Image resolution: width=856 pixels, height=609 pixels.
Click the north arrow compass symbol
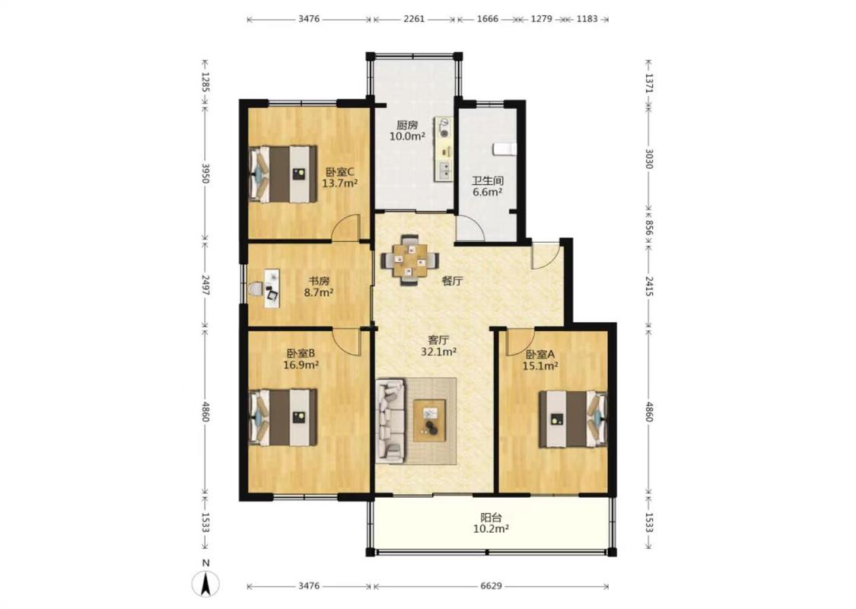(206, 584)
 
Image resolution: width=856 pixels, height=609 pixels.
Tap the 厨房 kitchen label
(407, 125)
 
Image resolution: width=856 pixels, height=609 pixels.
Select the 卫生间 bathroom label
(488, 180)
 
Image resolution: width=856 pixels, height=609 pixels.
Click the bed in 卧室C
(283, 174)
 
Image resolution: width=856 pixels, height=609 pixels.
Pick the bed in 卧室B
(283, 417)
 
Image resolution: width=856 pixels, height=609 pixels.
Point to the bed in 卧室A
(573, 419)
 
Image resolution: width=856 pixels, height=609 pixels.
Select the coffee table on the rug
(430, 420)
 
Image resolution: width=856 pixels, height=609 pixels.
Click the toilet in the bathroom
(504, 148)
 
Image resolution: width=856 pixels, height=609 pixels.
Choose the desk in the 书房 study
(272, 288)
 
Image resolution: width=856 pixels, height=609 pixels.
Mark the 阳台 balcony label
(491, 517)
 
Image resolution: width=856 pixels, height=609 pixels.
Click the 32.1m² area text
(438, 352)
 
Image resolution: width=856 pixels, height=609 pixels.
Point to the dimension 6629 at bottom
(491, 586)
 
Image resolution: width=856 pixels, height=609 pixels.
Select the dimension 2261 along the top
(414, 19)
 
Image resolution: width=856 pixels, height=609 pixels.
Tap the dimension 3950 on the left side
(205, 173)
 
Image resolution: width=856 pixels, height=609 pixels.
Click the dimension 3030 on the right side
(649, 158)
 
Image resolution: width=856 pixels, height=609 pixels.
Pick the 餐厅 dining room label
(453, 282)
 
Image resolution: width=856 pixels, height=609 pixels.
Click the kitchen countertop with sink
(444, 148)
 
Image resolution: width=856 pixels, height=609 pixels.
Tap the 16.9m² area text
(301, 365)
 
